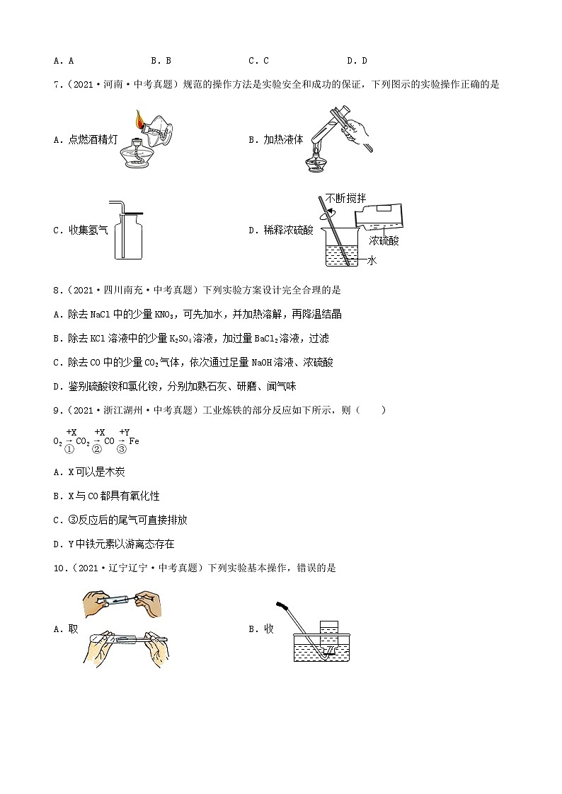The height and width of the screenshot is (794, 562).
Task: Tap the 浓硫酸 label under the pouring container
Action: (384, 241)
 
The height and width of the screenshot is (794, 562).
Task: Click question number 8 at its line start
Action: (57, 290)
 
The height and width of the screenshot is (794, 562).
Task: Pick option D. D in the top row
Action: (357, 61)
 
